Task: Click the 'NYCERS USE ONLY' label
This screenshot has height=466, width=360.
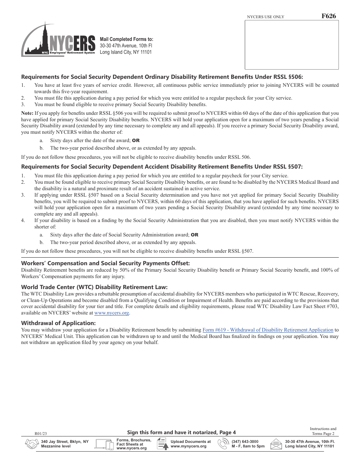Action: pyautogui.click(x=265, y=17)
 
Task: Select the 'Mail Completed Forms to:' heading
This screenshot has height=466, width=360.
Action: pyautogui.click(x=126, y=39)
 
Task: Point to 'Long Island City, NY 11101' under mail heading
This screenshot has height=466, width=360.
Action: pyautogui.click(x=125, y=52)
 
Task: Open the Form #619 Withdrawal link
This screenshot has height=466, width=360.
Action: pyautogui.click(x=268, y=330)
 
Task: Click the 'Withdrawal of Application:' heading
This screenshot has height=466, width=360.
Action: pyautogui.click(x=58, y=323)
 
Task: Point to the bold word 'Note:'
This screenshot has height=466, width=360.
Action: pyautogui.click(x=27, y=113)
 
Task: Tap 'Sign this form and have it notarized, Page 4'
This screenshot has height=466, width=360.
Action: pyautogui.click(x=181, y=432)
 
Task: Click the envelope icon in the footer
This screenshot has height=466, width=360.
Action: pyautogui.click(x=276, y=444)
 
